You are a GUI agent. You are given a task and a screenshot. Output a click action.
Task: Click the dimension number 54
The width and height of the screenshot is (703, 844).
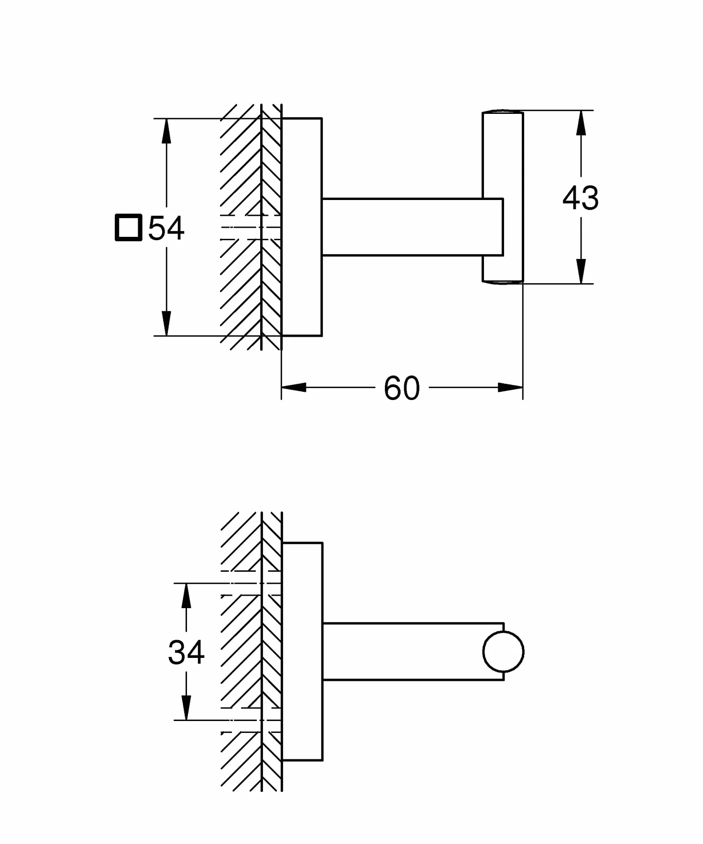[166, 228]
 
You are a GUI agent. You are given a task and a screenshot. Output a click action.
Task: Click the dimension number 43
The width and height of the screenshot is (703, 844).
[580, 198]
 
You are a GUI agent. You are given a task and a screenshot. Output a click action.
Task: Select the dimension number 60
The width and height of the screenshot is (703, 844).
[402, 388]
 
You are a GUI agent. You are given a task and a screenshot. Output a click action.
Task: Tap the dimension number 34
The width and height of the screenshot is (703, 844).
[186, 652]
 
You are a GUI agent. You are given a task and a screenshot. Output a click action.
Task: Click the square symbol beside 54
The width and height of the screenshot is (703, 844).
[129, 228]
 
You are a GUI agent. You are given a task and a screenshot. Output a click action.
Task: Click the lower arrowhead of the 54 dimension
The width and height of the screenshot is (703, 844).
[166, 323]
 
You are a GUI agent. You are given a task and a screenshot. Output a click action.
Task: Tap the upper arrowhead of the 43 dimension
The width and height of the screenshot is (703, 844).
[581, 123]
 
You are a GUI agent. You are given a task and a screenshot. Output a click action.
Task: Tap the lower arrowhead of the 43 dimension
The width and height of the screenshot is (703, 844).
[581, 271]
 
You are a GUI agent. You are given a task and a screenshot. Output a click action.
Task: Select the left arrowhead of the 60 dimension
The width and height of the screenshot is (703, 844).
[294, 387]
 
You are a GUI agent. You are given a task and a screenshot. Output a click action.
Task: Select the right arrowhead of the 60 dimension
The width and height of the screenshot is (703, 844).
[510, 387]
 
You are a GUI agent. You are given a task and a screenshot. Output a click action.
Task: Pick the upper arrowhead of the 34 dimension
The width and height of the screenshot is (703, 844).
[186, 596]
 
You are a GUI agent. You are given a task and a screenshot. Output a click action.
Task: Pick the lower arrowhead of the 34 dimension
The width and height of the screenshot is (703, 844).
[186, 707]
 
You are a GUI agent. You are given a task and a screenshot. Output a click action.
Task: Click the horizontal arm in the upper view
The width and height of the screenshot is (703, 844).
[412, 227]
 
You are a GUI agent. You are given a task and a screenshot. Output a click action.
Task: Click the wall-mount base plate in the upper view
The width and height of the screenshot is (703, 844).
[302, 227]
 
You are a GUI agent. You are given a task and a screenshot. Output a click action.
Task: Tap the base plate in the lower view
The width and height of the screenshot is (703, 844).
[302, 652]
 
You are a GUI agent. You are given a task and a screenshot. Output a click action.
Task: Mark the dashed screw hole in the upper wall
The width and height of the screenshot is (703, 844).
[251, 227]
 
